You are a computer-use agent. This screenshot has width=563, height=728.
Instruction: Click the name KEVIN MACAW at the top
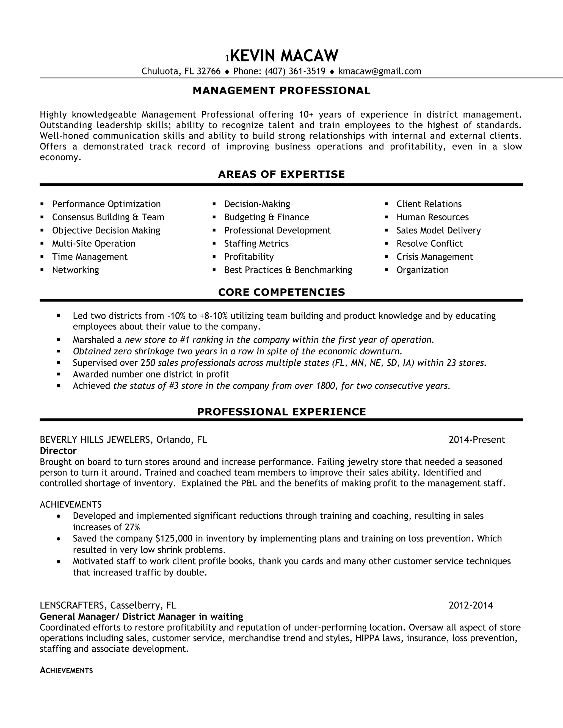[x=284, y=56]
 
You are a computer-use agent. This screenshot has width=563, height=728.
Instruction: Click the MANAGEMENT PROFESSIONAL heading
[x=281, y=91]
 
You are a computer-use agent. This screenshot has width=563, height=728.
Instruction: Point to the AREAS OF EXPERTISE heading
[x=281, y=174]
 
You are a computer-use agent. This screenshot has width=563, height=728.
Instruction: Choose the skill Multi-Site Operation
[x=93, y=244]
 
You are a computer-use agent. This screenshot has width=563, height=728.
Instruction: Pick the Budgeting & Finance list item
[x=266, y=217]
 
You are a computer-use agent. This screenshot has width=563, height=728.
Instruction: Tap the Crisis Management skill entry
[x=434, y=257]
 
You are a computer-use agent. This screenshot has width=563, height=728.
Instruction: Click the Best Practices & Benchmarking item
[x=288, y=270]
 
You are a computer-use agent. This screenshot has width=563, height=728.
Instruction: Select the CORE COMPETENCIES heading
[x=281, y=292]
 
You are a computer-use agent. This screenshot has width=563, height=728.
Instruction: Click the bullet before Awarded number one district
[x=59, y=374]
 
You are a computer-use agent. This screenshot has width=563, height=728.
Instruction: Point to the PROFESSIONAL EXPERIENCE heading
[x=281, y=412]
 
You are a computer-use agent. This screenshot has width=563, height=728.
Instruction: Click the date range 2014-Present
[x=477, y=440]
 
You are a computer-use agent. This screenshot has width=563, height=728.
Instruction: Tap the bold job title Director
[x=58, y=451]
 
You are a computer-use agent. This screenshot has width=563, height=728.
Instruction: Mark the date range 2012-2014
[x=471, y=605]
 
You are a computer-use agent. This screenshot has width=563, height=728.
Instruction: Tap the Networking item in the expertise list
[x=75, y=270]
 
